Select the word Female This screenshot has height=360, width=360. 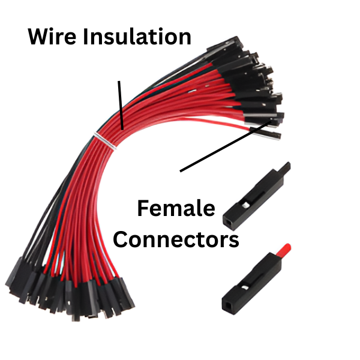click(x=176, y=209)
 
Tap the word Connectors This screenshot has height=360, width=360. click(x=176, y=240)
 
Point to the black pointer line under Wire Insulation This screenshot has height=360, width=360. click(x=121, y=104)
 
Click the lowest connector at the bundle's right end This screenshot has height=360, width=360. click(x=264, y=131)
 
